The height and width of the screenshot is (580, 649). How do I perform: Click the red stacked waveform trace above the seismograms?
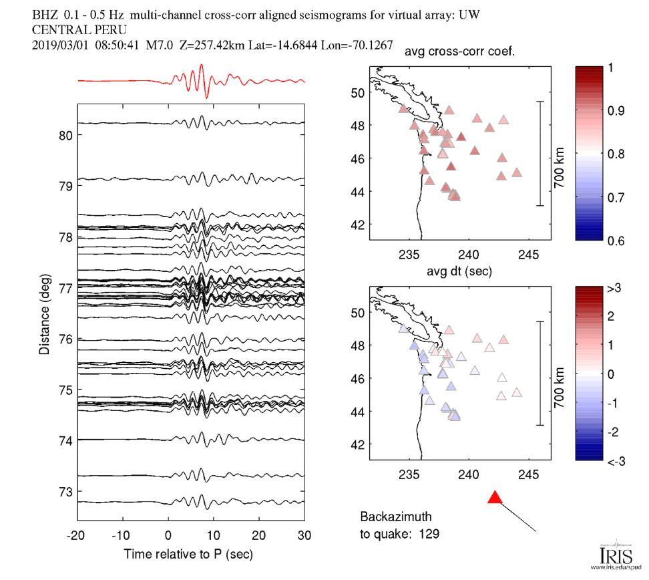200,81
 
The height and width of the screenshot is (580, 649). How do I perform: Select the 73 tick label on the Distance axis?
65,491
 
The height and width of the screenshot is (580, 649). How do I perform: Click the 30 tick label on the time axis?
304,535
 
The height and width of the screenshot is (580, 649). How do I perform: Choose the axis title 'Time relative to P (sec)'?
188,555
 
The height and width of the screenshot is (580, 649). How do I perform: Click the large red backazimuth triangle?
495,498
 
